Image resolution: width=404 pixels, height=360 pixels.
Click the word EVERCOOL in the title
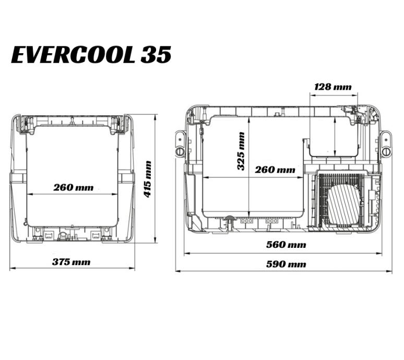tap(73, 55)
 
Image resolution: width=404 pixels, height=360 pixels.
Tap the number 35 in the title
tap(156, 55)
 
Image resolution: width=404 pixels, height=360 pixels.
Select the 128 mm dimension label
tap(333, 87)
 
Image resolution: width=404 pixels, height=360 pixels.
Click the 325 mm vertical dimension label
tap(241, 151)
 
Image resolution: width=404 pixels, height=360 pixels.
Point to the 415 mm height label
tap(147, 179)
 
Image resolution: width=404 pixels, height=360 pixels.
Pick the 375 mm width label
tap(72, 262)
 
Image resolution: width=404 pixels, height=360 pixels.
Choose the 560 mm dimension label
tap(286, 244)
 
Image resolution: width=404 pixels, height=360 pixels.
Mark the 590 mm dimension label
tap(286, 264)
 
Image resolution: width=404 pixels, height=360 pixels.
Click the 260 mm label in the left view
tap(74, 187)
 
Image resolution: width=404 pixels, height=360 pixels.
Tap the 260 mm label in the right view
tap(275, 170)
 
